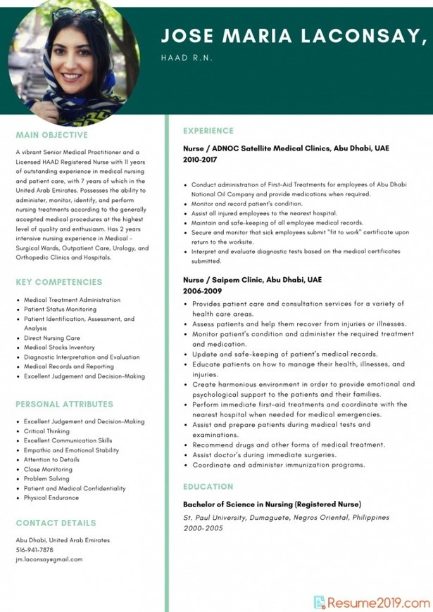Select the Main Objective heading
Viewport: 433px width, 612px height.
click(x=52, y=135)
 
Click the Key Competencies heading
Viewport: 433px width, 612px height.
click(x=58, y=282)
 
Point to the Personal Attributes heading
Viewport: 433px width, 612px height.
click(x=64, y=404)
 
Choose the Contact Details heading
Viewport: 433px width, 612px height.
click(x=56, y=523)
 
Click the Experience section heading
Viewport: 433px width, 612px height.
click(x=208, y=131)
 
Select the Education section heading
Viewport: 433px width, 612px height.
click(x=208, y=487)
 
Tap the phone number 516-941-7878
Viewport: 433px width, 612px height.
click(x=34, y=550)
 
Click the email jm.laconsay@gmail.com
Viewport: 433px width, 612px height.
click(x=49, y=559)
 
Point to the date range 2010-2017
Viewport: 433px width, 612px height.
click(x=200, y=160)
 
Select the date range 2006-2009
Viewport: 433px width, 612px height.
click(x=203, y=291)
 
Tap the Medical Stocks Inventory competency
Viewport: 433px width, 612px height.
click(x=59, y=348)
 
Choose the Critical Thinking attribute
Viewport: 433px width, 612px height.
click(x=47, y=431)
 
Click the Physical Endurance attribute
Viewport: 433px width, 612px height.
click(x=51, y=498)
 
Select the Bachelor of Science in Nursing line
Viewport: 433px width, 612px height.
click(x=272, y=504)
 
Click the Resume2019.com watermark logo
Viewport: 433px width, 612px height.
click(x=371, y=602)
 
